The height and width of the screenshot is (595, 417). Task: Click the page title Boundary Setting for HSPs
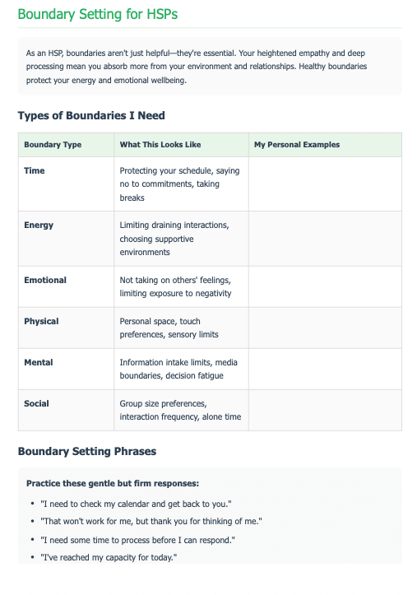coord(97,15)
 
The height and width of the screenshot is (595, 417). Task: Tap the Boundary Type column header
coord(53,145)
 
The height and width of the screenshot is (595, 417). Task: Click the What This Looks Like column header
coord(160,145)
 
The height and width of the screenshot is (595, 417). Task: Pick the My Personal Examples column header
coord(296,145)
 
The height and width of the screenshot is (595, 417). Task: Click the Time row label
coord(35,171)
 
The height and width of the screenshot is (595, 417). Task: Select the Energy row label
coord(39,225)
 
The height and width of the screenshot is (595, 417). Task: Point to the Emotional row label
coord(45,280)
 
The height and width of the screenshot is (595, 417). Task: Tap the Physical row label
coord(41,321)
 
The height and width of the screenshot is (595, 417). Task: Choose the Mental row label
coord(39,362)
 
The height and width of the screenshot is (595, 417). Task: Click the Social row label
coord(36,403)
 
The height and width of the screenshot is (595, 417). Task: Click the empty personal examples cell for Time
coord(324,184)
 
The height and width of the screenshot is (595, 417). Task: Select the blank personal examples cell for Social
coord(324,410)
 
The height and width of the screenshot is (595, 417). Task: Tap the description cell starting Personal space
coord(169,328)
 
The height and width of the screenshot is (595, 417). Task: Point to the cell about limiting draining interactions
coord(174,239)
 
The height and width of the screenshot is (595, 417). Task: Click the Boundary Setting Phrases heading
coord(86,451)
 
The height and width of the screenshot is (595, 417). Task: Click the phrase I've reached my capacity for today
coord(108,557)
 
